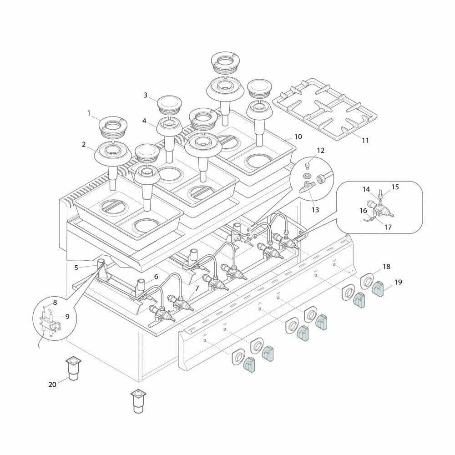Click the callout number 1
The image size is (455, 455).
point(89,113)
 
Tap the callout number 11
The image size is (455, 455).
point(365,140)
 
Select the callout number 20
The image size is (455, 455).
point(52,384)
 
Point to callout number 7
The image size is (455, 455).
point(197,288)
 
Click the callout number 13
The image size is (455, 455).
point(315,209)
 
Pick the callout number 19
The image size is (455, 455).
point(398,282)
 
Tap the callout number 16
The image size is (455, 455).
point(363,211)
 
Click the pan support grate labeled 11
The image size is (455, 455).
point(325,109)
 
